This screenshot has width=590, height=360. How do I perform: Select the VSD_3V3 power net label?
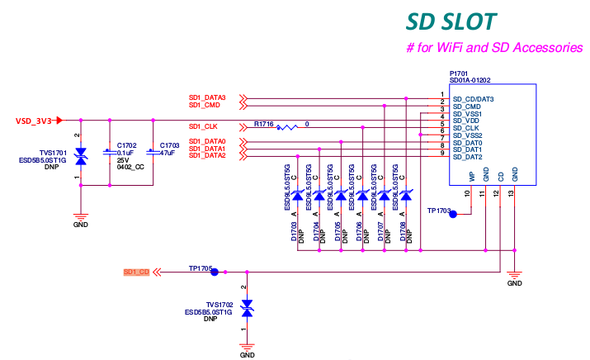tap(34, 121)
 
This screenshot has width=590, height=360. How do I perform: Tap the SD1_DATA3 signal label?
tap(207, 97)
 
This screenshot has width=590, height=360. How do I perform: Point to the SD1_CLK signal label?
tap(203, 126)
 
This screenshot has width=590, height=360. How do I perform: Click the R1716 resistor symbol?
tap(288, 127)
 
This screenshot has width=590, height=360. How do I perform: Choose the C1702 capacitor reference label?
tap(127, 144)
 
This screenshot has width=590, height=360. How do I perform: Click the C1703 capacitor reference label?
tap(170, 144)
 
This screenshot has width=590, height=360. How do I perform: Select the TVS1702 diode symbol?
tap(246, 306)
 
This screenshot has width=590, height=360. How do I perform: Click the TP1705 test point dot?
tap(215, 271)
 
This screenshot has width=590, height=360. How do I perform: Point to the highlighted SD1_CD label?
tap(135, 272)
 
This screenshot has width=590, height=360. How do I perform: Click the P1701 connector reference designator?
tap(460, 73)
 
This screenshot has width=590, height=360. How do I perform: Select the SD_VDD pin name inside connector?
tap(467, 121)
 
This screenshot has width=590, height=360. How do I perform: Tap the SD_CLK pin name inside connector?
tap(467, 128)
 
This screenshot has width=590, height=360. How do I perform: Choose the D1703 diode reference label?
tap(294, 233)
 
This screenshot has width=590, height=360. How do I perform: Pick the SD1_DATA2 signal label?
tap(207, 155)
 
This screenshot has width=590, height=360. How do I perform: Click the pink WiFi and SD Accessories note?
tap(494, 48)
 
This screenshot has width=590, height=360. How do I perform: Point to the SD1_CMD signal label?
tap(204, 105)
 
